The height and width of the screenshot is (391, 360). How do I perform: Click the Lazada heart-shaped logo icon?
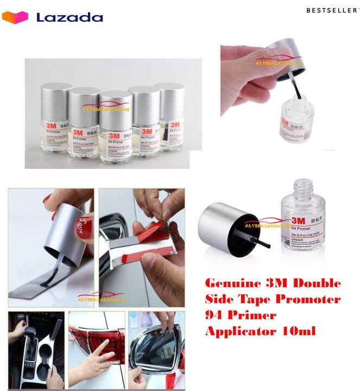click(x=15, y=17)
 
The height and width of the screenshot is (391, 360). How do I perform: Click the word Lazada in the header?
click(x=70, y=17)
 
